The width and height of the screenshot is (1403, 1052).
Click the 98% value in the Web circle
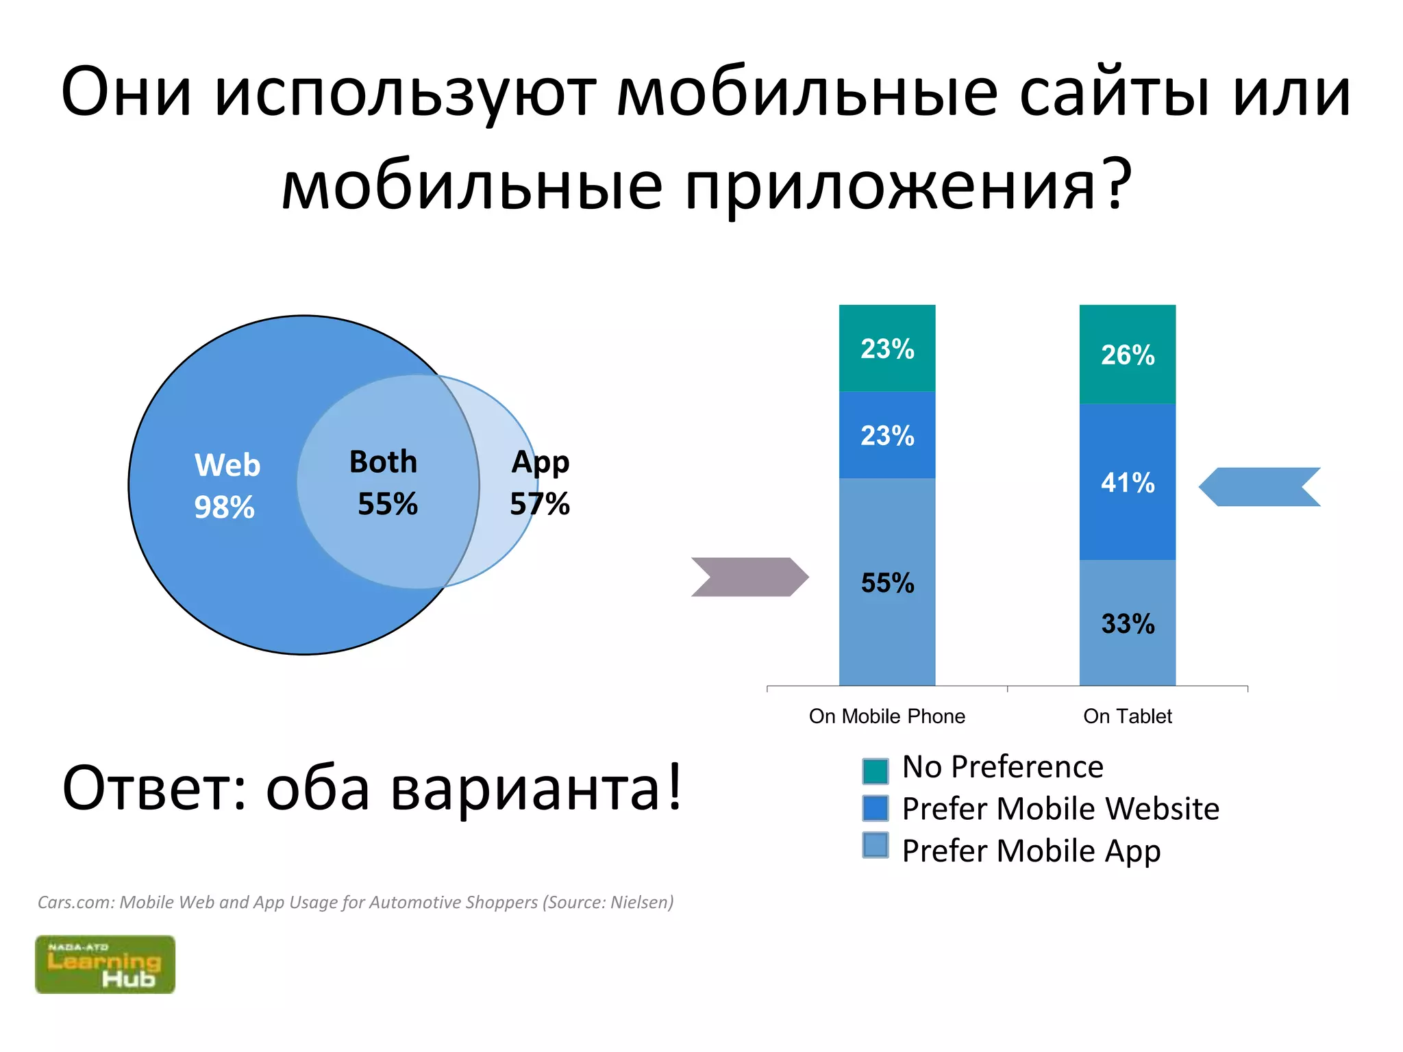tap(224, 508)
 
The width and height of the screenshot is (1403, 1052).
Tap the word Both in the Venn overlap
tap(383, 462)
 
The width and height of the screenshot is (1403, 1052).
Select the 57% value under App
tap(539, 504)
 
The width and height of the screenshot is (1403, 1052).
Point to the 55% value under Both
tap(387, 504)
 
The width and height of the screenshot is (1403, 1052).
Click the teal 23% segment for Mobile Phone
tap(887, 349)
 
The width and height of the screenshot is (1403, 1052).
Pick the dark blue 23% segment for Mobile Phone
tap(887, 436)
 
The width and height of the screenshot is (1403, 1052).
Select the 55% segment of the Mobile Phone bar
tap(887, 583)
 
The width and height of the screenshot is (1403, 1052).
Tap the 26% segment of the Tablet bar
tap(1128, 355)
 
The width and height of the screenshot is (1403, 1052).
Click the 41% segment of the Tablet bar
tap(1128, 483)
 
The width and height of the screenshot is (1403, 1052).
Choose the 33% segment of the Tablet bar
tap(1128, 624)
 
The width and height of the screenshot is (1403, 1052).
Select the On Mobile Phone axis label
tap(887, 716)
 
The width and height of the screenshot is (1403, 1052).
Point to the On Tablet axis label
tap(1128, 716)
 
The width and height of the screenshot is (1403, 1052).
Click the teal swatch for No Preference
tap(875, 771)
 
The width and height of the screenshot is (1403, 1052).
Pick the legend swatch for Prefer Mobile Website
tap(875, 808)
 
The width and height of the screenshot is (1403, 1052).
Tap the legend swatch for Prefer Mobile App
tap(875, 845)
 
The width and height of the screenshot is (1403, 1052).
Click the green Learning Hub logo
tap(105, 964)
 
